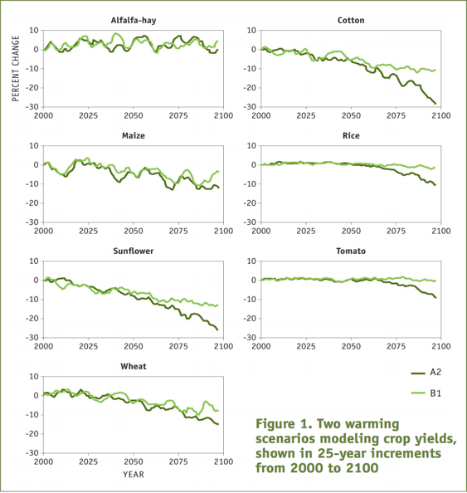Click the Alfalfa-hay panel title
[x=134, y=21]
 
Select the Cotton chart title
[x=351, y=20]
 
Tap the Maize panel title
[x=134, y=135]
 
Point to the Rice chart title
[x=351, y=135]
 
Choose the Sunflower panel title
[x=134, y=251]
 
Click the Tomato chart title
[x=351, y=251]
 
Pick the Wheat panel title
[x=134, y=366]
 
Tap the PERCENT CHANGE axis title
[x=16, y=69]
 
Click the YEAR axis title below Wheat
[x=134, y=475]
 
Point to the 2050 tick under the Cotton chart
[x=351, y=115]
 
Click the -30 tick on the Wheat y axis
[x=32, y=453]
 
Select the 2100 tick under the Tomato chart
[x=441, y=346]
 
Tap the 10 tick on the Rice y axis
[x=252, y=145]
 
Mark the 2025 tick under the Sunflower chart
[x=88, y=346]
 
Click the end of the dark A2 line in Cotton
[x=435, y=104]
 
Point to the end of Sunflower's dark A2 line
[x=217, y=329]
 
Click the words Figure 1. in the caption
[x=284, y=424]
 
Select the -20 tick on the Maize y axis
[x=32, y=203]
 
